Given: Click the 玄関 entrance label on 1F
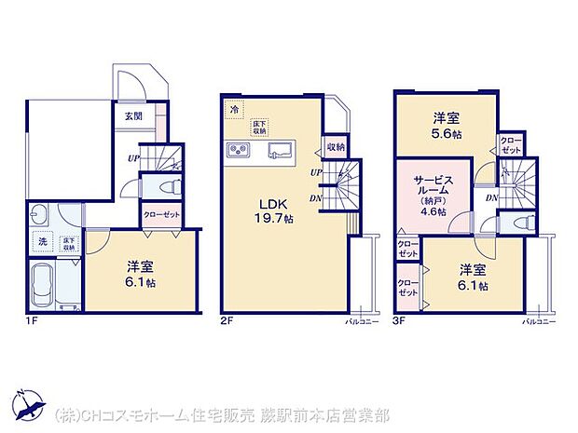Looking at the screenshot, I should [132, 116].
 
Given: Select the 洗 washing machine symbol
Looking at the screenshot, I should [43, 241].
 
